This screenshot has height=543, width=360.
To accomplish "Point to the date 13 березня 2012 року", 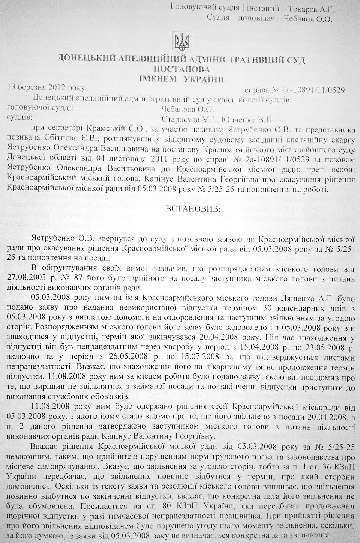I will click(x=46, y=89).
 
